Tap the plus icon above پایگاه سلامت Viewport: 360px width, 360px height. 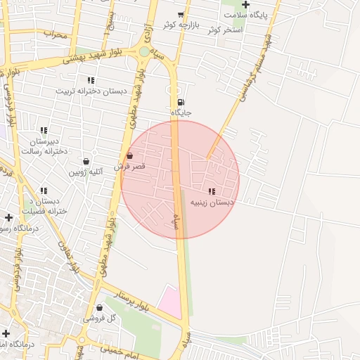click(245, 5)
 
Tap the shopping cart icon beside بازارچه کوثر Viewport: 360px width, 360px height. click(181, 15)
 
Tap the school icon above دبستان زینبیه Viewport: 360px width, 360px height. click(212, 191)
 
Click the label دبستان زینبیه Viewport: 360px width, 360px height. click(212, 202)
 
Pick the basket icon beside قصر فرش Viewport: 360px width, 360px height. click(130, 156)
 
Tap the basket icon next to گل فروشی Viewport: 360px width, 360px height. click(98, 307)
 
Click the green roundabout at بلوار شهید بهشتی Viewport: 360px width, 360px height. click(144, 51)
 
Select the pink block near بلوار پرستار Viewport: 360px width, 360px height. click(169, 300)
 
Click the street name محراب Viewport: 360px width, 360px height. click(55, 33)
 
